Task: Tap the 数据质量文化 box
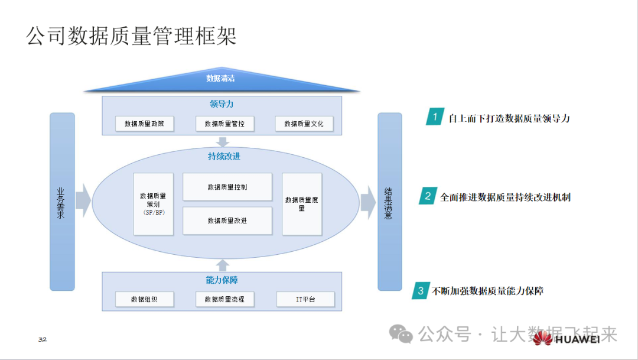[304, 124]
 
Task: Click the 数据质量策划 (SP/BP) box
[153, 204]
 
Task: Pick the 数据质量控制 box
[227, 187]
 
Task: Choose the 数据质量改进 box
[227, 220]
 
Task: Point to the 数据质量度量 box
[302, 204]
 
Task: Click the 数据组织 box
[144, 300]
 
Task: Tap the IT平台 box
[305, 300]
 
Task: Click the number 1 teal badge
[435, 117]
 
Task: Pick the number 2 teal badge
[427, 196]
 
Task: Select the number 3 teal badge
[420, 290]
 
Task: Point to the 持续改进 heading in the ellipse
[224, 157]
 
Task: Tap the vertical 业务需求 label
[61, 203]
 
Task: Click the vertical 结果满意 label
[389, 203]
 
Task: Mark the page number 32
[42, 339]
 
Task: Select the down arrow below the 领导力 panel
[223, 142]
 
